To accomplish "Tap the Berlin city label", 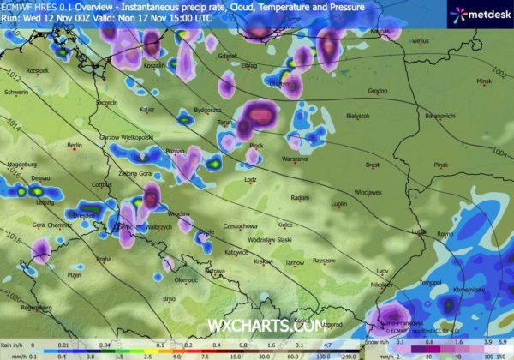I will point(75,145).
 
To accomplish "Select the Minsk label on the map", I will point(486,81).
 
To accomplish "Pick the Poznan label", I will point(176,151).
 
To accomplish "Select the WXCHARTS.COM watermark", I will point(266,325).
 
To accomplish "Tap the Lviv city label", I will point(382,271).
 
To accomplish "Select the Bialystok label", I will point(358,115).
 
